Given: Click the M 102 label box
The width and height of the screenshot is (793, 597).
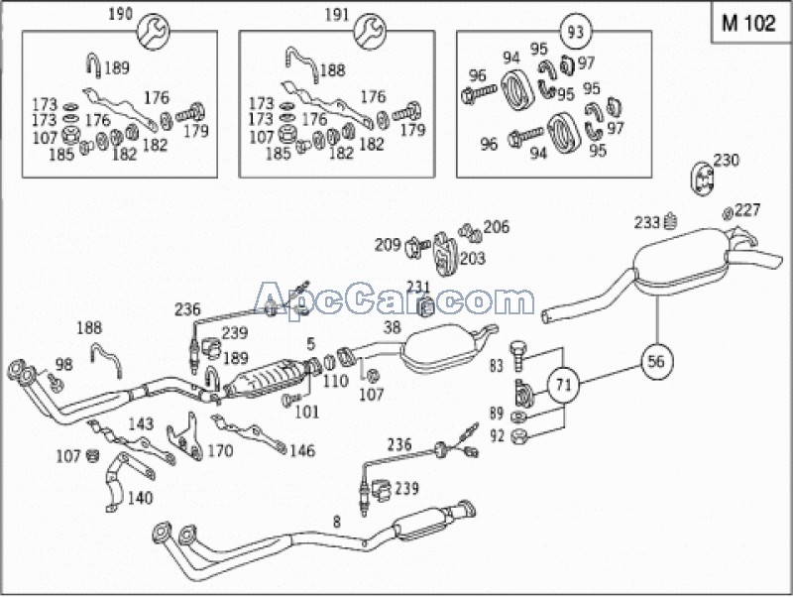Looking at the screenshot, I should [748, 25].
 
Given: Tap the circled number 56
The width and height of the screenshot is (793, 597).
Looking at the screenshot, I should [656, 362].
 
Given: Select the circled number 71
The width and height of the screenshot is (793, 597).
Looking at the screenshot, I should [563, 384].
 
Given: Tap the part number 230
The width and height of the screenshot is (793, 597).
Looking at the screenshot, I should [727, 160].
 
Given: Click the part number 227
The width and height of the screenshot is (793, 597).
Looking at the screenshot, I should [747, 209].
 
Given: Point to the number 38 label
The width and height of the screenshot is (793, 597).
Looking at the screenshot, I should [393, 326].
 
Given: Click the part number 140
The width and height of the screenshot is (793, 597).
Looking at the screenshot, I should [142, 498].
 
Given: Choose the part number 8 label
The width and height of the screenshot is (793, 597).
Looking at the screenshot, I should [337, 520].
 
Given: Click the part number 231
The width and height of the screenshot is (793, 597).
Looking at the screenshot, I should [419, 287].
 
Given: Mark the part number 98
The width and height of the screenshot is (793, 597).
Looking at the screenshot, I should [63, 364].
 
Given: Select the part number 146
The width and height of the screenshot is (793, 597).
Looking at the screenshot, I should [301, 451].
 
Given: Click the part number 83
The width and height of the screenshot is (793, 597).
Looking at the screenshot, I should [497, 366].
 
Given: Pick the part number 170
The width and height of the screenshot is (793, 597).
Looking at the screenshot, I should [219, 451].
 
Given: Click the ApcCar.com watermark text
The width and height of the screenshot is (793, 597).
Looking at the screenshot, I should [395, 298].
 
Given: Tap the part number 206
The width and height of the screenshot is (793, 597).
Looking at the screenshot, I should [496, 227].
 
